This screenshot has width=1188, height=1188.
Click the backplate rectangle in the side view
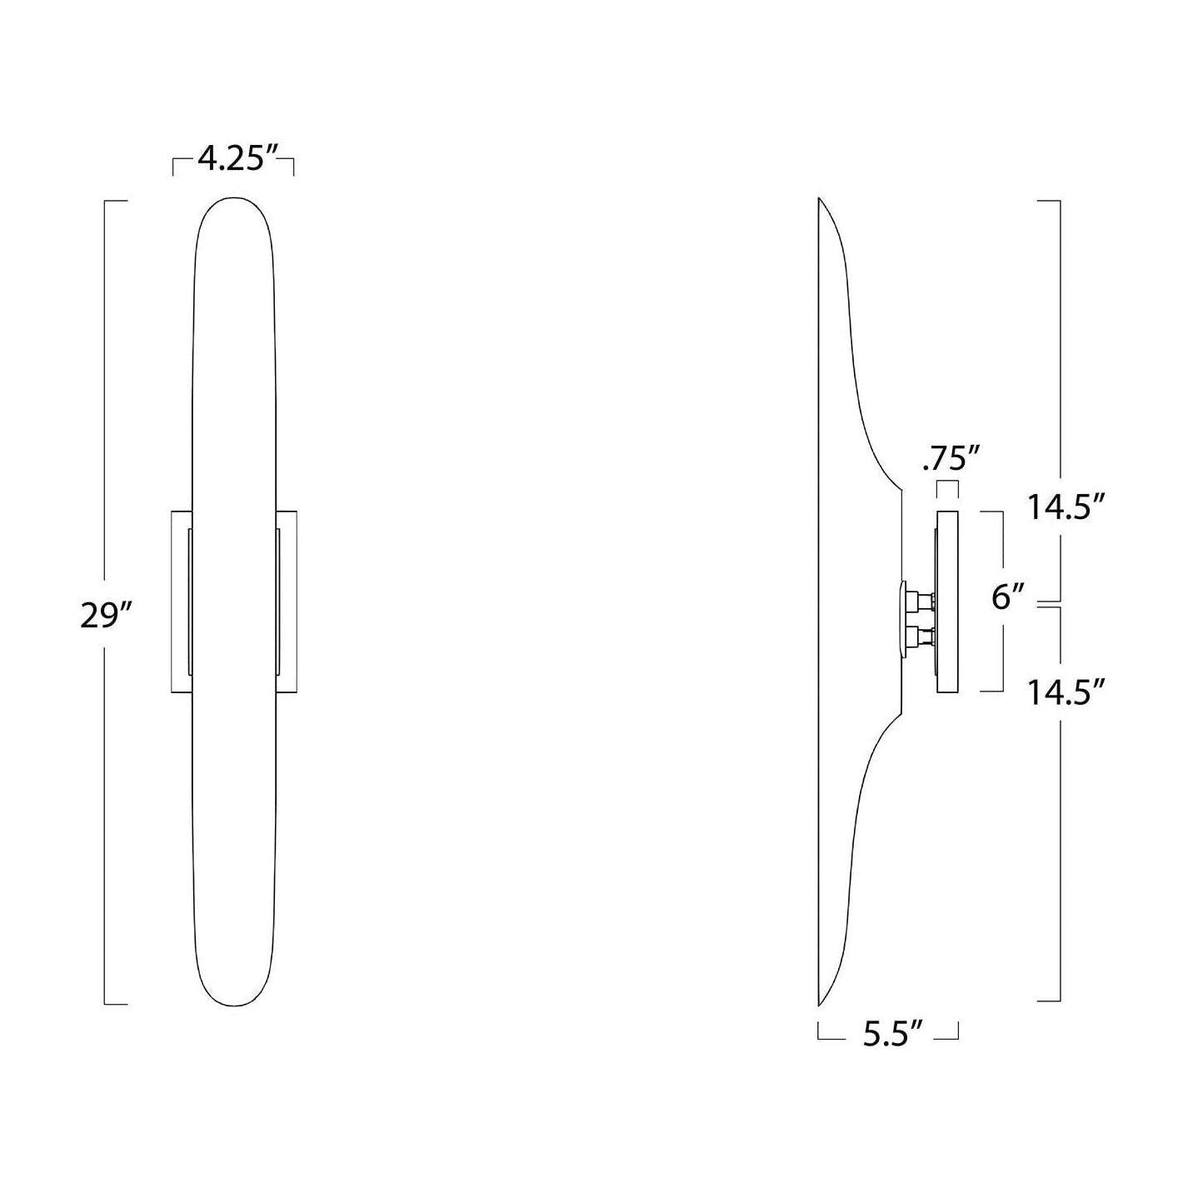tap(947, 601)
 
